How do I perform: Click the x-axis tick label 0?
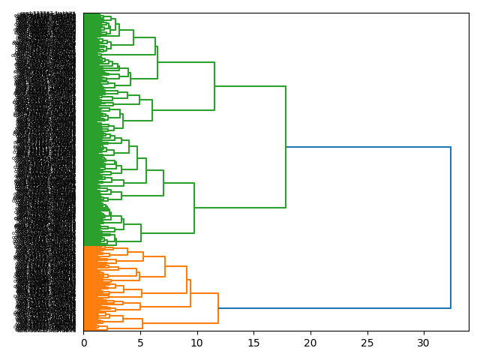pos(84,343)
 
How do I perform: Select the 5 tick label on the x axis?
pos(140,343)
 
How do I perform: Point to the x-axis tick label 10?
pos(197,343)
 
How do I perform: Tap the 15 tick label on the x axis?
pos(253,343)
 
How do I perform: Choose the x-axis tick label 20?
pos(310,343)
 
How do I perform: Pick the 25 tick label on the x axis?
pos(367,343)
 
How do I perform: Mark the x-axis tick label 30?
pos(424,343)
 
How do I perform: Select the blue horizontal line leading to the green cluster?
pos(367,147)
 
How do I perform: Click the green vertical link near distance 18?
pos(286,147)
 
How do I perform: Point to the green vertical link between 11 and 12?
pos(214,86)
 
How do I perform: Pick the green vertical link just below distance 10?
pos(194,208)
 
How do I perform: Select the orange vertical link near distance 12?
pos(218,308)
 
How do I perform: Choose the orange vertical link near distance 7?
pos(165,266)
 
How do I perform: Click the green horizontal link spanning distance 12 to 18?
pos(250,86)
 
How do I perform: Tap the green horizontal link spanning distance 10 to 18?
pos(240,208)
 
